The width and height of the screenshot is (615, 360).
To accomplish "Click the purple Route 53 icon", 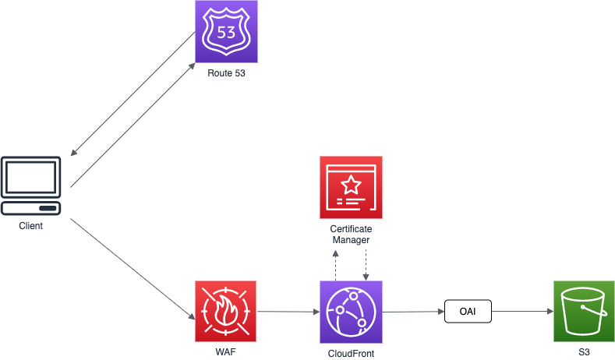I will point(226,32).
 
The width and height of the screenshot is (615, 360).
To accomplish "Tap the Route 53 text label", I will point(226,73).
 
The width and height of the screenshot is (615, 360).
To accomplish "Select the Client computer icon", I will point(31,187).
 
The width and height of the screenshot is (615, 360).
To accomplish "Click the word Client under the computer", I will point(31,226).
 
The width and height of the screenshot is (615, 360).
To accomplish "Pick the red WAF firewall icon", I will point(226,312).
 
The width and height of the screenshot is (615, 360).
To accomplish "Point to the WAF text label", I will point(226,352).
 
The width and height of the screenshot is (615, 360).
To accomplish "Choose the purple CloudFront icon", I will point(351,312).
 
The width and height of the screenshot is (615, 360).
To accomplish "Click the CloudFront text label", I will point(351,353).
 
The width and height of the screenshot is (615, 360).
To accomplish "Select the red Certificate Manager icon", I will point(351,187).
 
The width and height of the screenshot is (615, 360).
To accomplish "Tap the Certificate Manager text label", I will point(351,235).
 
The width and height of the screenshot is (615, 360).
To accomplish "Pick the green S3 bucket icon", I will point(584,312).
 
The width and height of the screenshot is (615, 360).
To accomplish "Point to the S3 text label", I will point(584,352).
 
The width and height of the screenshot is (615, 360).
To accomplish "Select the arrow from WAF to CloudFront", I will point(288,312).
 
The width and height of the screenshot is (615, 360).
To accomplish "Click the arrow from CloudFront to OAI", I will point(413,312).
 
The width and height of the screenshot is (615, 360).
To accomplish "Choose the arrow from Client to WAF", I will point(133,270).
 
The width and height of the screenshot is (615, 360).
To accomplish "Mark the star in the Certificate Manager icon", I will point(352,184).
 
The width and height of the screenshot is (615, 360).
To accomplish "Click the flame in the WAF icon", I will point(226,312).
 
